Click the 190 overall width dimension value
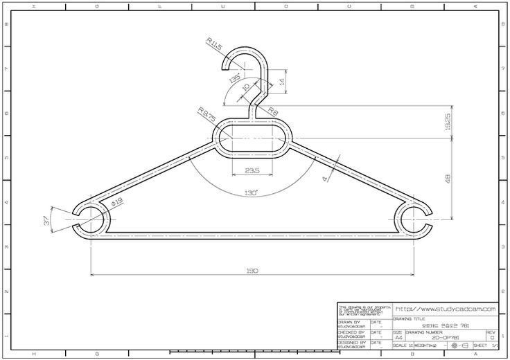[x=251, y=271]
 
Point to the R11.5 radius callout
[x=213, y=46]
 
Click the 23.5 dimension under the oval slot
[x=251, y=171]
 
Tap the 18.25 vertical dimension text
[x=447, y=122]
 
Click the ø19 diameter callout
[x=116, y=201]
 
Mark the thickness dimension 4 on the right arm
[x=326, y=179]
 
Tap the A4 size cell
[x=398, y=336]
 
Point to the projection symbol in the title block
[x=458, y=345]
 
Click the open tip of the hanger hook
[x=227, y=65]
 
